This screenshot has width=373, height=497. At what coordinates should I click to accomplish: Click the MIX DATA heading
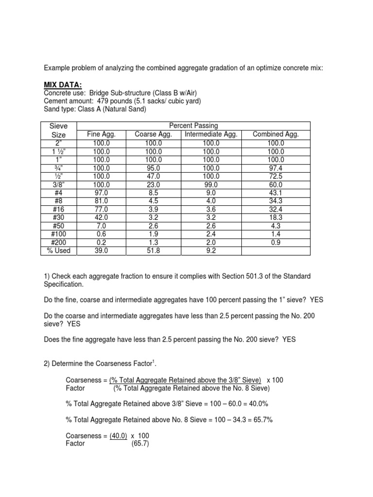click(64, 85)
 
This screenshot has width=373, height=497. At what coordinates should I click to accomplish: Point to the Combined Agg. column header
click(276, 134)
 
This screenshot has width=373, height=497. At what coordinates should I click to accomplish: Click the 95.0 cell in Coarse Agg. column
click(153, 167)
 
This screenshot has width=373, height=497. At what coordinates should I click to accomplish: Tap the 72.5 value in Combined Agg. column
click(276, 176)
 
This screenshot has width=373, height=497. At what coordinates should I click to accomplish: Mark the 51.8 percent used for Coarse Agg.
click(153, 250)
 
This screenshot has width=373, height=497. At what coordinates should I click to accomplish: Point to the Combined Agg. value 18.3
click(276, 217)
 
